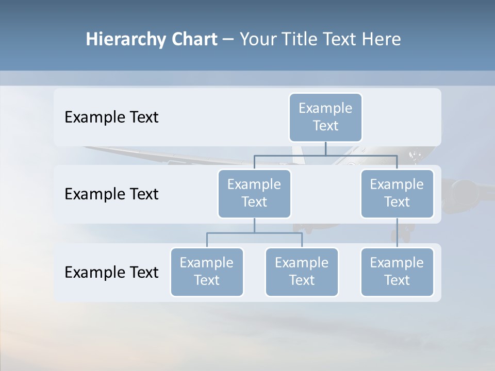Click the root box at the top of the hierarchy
[x=325, y=117]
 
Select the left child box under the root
[x=254, y=193]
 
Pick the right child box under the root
[x=397, y=193]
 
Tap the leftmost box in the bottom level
[x=207, y=272]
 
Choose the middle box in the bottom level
[x=302, y=272]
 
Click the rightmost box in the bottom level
[x=397, y=272]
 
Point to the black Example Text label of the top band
[x=111, y=117]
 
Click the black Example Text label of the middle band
[x=111, y=194]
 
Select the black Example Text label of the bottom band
[x=111, y=273]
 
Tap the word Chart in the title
[x=192, y=39]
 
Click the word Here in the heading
[x=382, y=39]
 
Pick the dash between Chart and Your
[x=228, y=40]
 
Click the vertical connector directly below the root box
[x=325, y=148]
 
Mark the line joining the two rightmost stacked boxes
[x=397, y=233]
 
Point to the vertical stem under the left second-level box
[x=254, y=226]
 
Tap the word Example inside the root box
[x=325, y=108]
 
